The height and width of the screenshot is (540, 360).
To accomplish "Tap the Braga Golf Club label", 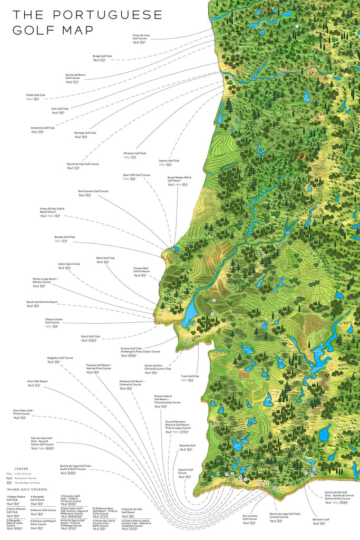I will [x=102, y=55].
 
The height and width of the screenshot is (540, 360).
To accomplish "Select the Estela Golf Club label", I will [x=36, y=95].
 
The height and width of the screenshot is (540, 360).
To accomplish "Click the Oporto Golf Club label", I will [x=169, y=160].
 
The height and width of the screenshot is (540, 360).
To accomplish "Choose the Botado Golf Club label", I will [x=65, y=237].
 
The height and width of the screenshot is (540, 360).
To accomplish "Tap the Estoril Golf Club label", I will [x=90, y=336].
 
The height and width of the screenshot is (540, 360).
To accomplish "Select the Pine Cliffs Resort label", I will [x=37, y=381].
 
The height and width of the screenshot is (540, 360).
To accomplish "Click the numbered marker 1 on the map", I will [x=297, y=26].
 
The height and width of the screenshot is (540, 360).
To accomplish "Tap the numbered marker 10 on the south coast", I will [x=274, y=488].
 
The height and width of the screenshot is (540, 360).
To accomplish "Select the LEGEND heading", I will [x=22, y=468].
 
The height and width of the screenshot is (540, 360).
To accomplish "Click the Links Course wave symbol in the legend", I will [x=9, y=474].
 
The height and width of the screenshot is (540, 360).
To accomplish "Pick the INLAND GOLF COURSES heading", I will [x=27, y=489].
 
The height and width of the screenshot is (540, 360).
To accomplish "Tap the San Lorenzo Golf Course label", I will [x=250, y=517].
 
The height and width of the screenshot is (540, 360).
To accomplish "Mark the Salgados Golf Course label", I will [x=58, y=358].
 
